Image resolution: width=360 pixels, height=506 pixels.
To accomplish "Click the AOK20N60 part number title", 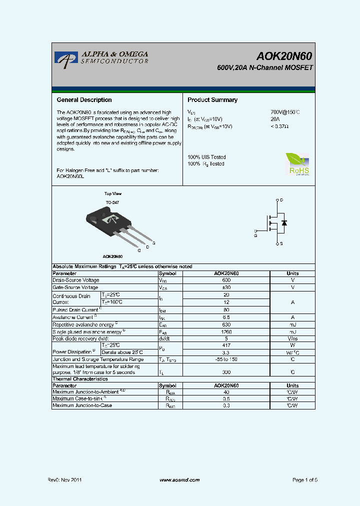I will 285,56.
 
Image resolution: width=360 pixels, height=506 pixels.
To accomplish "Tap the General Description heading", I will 84,100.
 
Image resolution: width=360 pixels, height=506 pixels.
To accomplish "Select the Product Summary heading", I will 212,100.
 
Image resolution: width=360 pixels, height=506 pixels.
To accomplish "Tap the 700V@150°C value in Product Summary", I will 285,112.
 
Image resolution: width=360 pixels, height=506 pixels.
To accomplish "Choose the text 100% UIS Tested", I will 206,157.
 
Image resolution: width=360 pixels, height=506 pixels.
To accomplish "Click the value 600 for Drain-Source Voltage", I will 226,280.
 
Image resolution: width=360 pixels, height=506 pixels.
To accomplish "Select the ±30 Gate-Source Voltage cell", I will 226,288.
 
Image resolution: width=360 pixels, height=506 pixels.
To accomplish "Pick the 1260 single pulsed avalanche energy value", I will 226,332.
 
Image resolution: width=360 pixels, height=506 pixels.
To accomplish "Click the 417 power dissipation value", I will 226,345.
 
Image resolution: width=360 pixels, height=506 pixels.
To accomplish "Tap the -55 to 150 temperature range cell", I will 226,359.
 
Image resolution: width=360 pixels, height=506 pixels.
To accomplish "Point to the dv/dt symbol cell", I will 165,339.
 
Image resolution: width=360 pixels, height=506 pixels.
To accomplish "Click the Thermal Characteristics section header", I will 80,379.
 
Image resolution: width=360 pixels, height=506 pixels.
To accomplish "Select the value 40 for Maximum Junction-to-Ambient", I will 226,392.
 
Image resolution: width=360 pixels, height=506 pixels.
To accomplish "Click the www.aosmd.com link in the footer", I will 179,480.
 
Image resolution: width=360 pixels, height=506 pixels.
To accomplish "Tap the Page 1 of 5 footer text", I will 304,480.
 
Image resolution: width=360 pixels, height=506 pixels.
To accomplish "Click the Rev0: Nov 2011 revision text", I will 64,480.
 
